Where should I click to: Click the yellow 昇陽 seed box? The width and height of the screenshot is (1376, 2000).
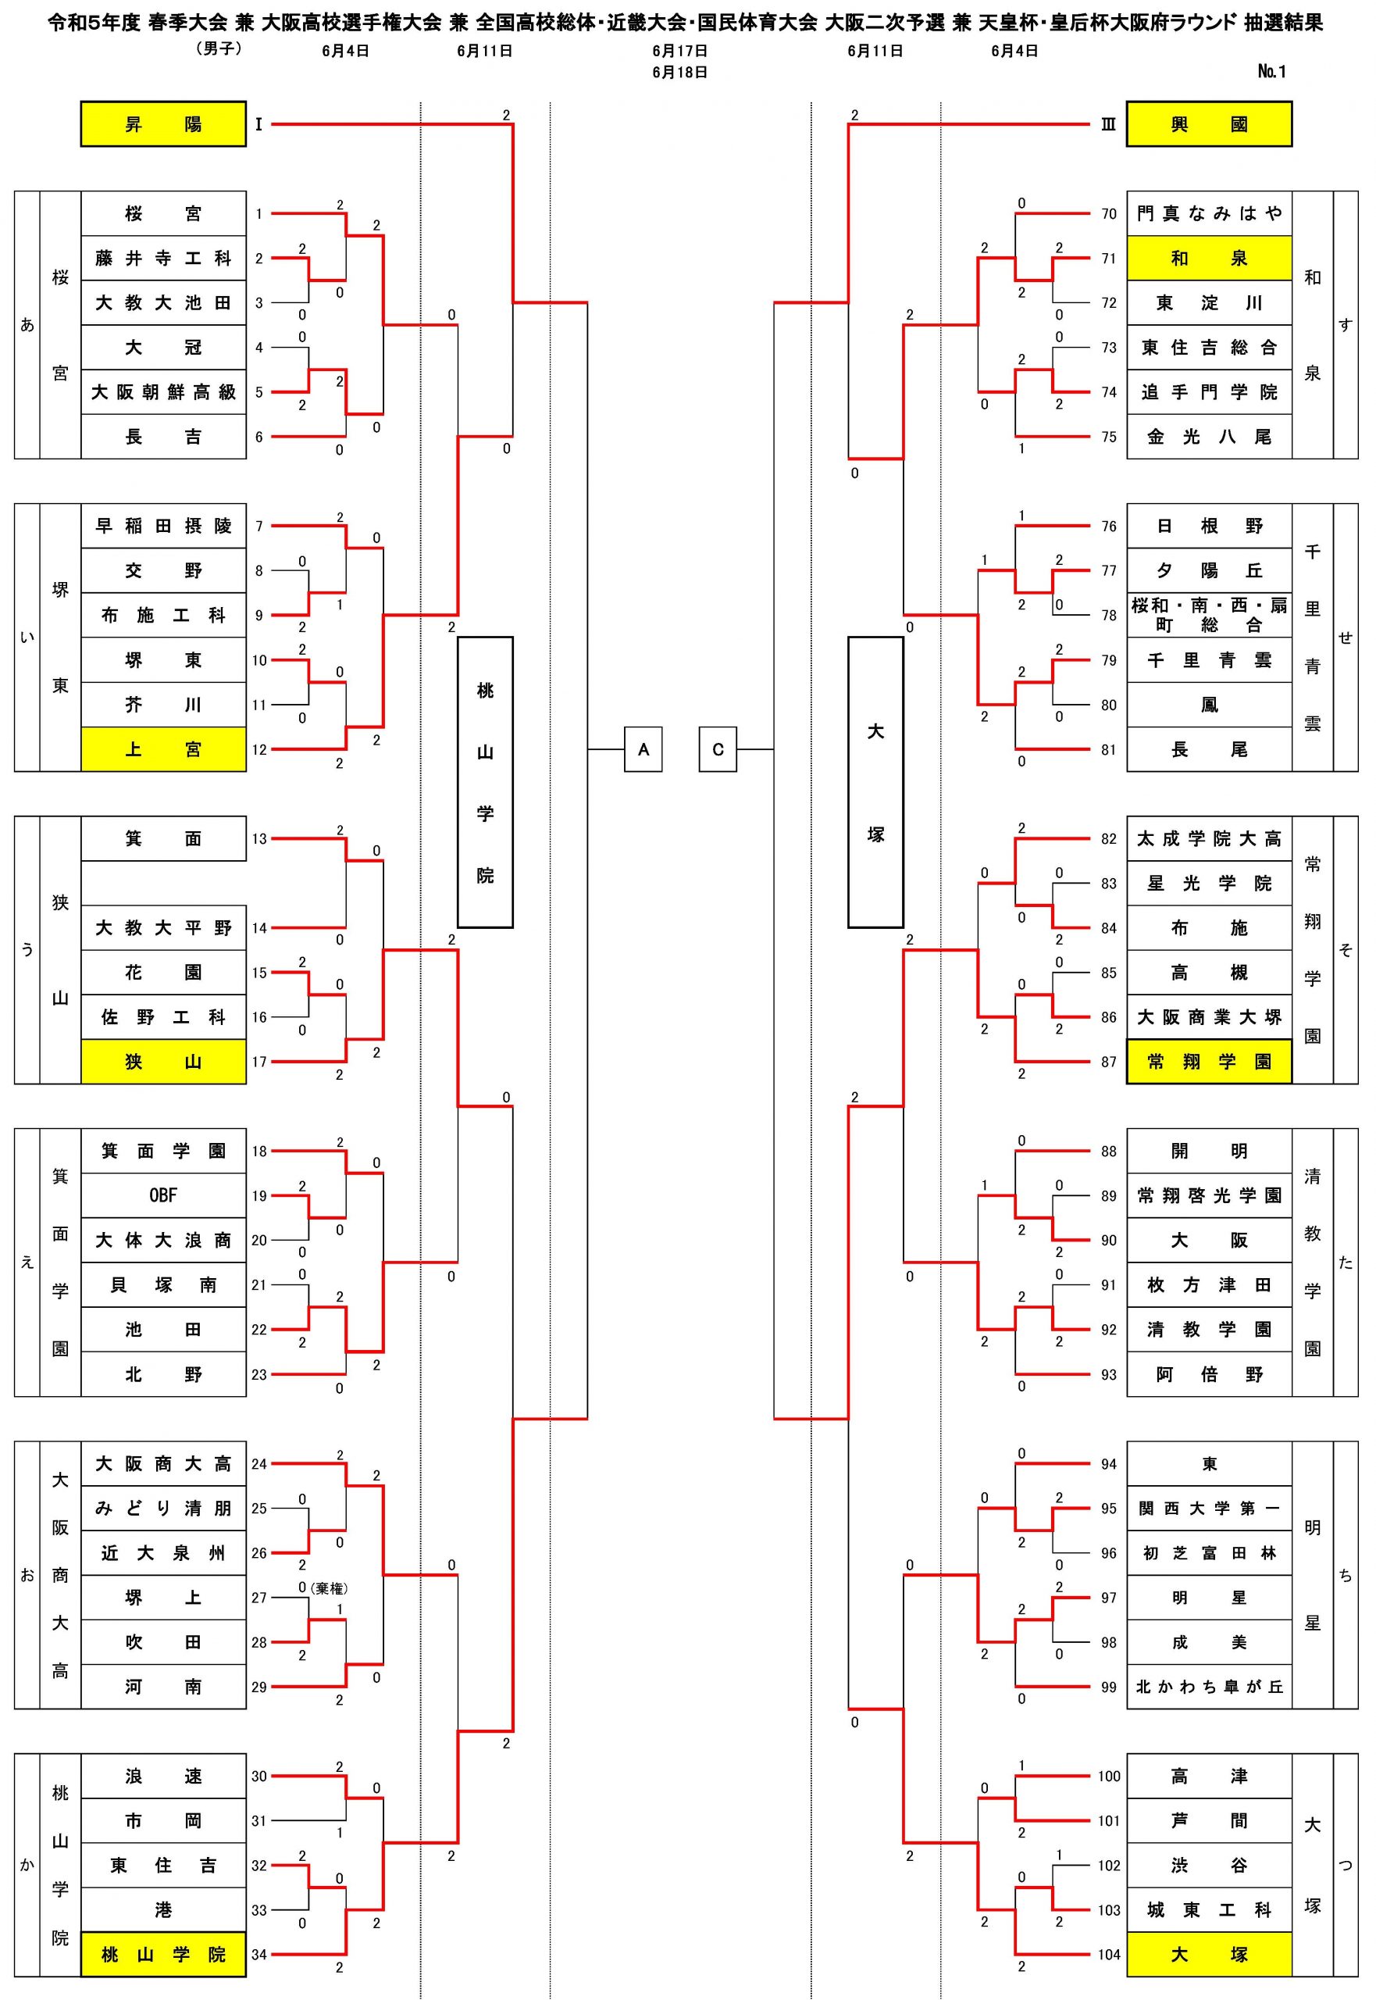[x=163, y=124]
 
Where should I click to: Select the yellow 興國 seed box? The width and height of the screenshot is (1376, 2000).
[x=1209, y=124]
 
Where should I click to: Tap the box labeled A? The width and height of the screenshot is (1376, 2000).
[x=643, y=749]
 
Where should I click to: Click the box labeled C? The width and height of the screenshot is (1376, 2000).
[x=718, y=749]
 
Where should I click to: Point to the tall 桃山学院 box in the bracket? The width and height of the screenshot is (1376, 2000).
[x=486, y=782]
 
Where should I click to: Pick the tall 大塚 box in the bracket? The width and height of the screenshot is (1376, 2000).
[x=875, y=782]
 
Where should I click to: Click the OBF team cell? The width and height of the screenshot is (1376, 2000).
[x=163, y=1195]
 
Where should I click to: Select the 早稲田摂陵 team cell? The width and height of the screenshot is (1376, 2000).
[x=163, y=526]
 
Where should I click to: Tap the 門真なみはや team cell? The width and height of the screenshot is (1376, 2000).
[x=1209, y=214]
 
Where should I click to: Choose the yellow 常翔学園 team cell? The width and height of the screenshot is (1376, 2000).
[x=1209, y=1062]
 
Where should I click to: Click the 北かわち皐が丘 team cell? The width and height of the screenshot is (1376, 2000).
[x=1209, y=1687]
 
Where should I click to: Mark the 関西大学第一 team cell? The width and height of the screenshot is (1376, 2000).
[x=1209, y=1509]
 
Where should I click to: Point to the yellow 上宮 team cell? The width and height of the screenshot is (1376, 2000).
[x=163, y=749]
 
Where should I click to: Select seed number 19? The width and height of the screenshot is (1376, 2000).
[x=259, y=1195]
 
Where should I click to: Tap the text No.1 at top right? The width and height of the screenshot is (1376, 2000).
[x=1271, y=72]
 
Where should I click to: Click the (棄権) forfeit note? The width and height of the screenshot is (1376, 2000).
[x=330, y=1587]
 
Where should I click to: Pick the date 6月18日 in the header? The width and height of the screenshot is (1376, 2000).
[x=679, y=73]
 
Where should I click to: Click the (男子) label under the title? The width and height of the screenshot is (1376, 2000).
[x=218, y=49]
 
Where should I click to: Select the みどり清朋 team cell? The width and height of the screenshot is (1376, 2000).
[x=163, y=1509]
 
